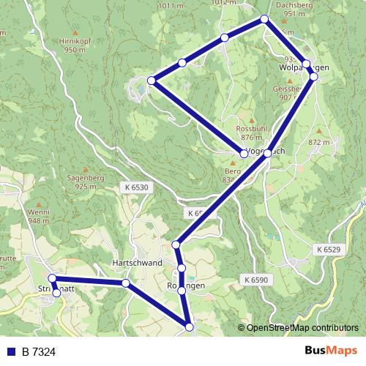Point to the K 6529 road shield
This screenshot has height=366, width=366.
pos(329,250)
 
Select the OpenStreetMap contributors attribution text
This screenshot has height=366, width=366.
pos(302,328)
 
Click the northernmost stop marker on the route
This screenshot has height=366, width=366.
pos(264,20)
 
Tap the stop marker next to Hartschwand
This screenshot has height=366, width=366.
pos(126,283)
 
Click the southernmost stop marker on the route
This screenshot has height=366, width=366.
pos(189,327)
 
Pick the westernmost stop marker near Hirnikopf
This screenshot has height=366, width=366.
pos(151,80)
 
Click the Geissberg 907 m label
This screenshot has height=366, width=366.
pos(287,91)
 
